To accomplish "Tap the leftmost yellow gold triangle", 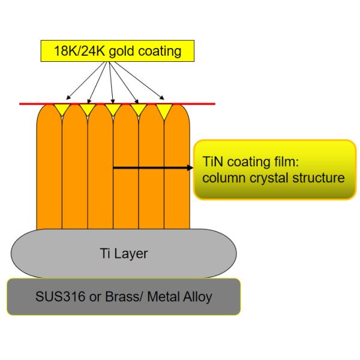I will tap(62, 109).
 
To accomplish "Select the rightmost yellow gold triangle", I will tap(164, 109).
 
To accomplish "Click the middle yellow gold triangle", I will tap(113, 109).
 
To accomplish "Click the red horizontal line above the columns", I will tap(198, 104).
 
